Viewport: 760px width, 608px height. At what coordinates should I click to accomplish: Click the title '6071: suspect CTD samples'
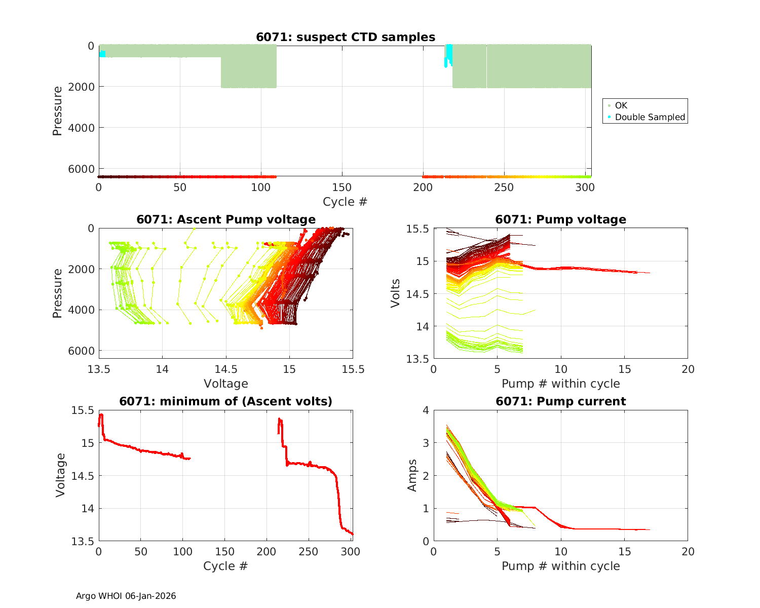coord(345,37)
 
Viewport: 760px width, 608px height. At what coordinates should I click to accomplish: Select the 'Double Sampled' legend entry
coord(650,117)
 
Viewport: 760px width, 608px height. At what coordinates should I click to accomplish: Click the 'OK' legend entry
coord(621,105)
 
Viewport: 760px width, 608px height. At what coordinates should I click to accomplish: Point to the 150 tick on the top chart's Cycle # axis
coord(342,187)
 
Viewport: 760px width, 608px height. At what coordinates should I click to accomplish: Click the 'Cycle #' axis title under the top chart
coord(345,202)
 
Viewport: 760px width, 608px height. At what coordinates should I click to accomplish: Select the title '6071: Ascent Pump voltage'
coord(226,219)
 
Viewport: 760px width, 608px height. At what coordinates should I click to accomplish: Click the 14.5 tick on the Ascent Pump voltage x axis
coord(226,369)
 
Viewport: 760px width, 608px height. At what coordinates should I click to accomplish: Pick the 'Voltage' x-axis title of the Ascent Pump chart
coord(226,384)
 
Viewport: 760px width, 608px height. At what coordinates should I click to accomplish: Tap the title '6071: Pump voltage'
coord(560,219)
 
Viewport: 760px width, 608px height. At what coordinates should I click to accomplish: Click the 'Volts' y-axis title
coord(396,293)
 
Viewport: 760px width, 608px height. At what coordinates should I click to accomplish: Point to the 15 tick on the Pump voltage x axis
coord(624,369)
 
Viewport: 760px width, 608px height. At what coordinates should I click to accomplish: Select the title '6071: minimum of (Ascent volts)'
coord(226,402)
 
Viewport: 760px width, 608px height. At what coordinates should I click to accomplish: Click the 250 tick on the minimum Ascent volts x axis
coord(309,552)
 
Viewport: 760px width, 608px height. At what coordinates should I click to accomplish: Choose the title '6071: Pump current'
coord(560,402)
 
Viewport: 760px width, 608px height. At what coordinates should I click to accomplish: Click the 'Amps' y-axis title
coord(412,475)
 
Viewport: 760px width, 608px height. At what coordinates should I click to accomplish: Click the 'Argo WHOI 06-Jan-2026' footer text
coord(126,596)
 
